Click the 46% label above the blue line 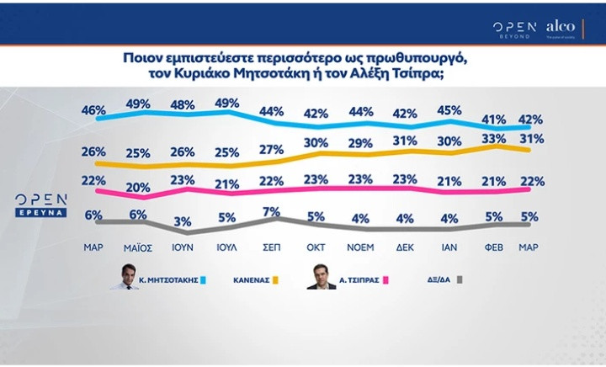point(93,110)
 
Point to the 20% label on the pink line point(137,187)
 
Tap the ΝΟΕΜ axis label point(360,247)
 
